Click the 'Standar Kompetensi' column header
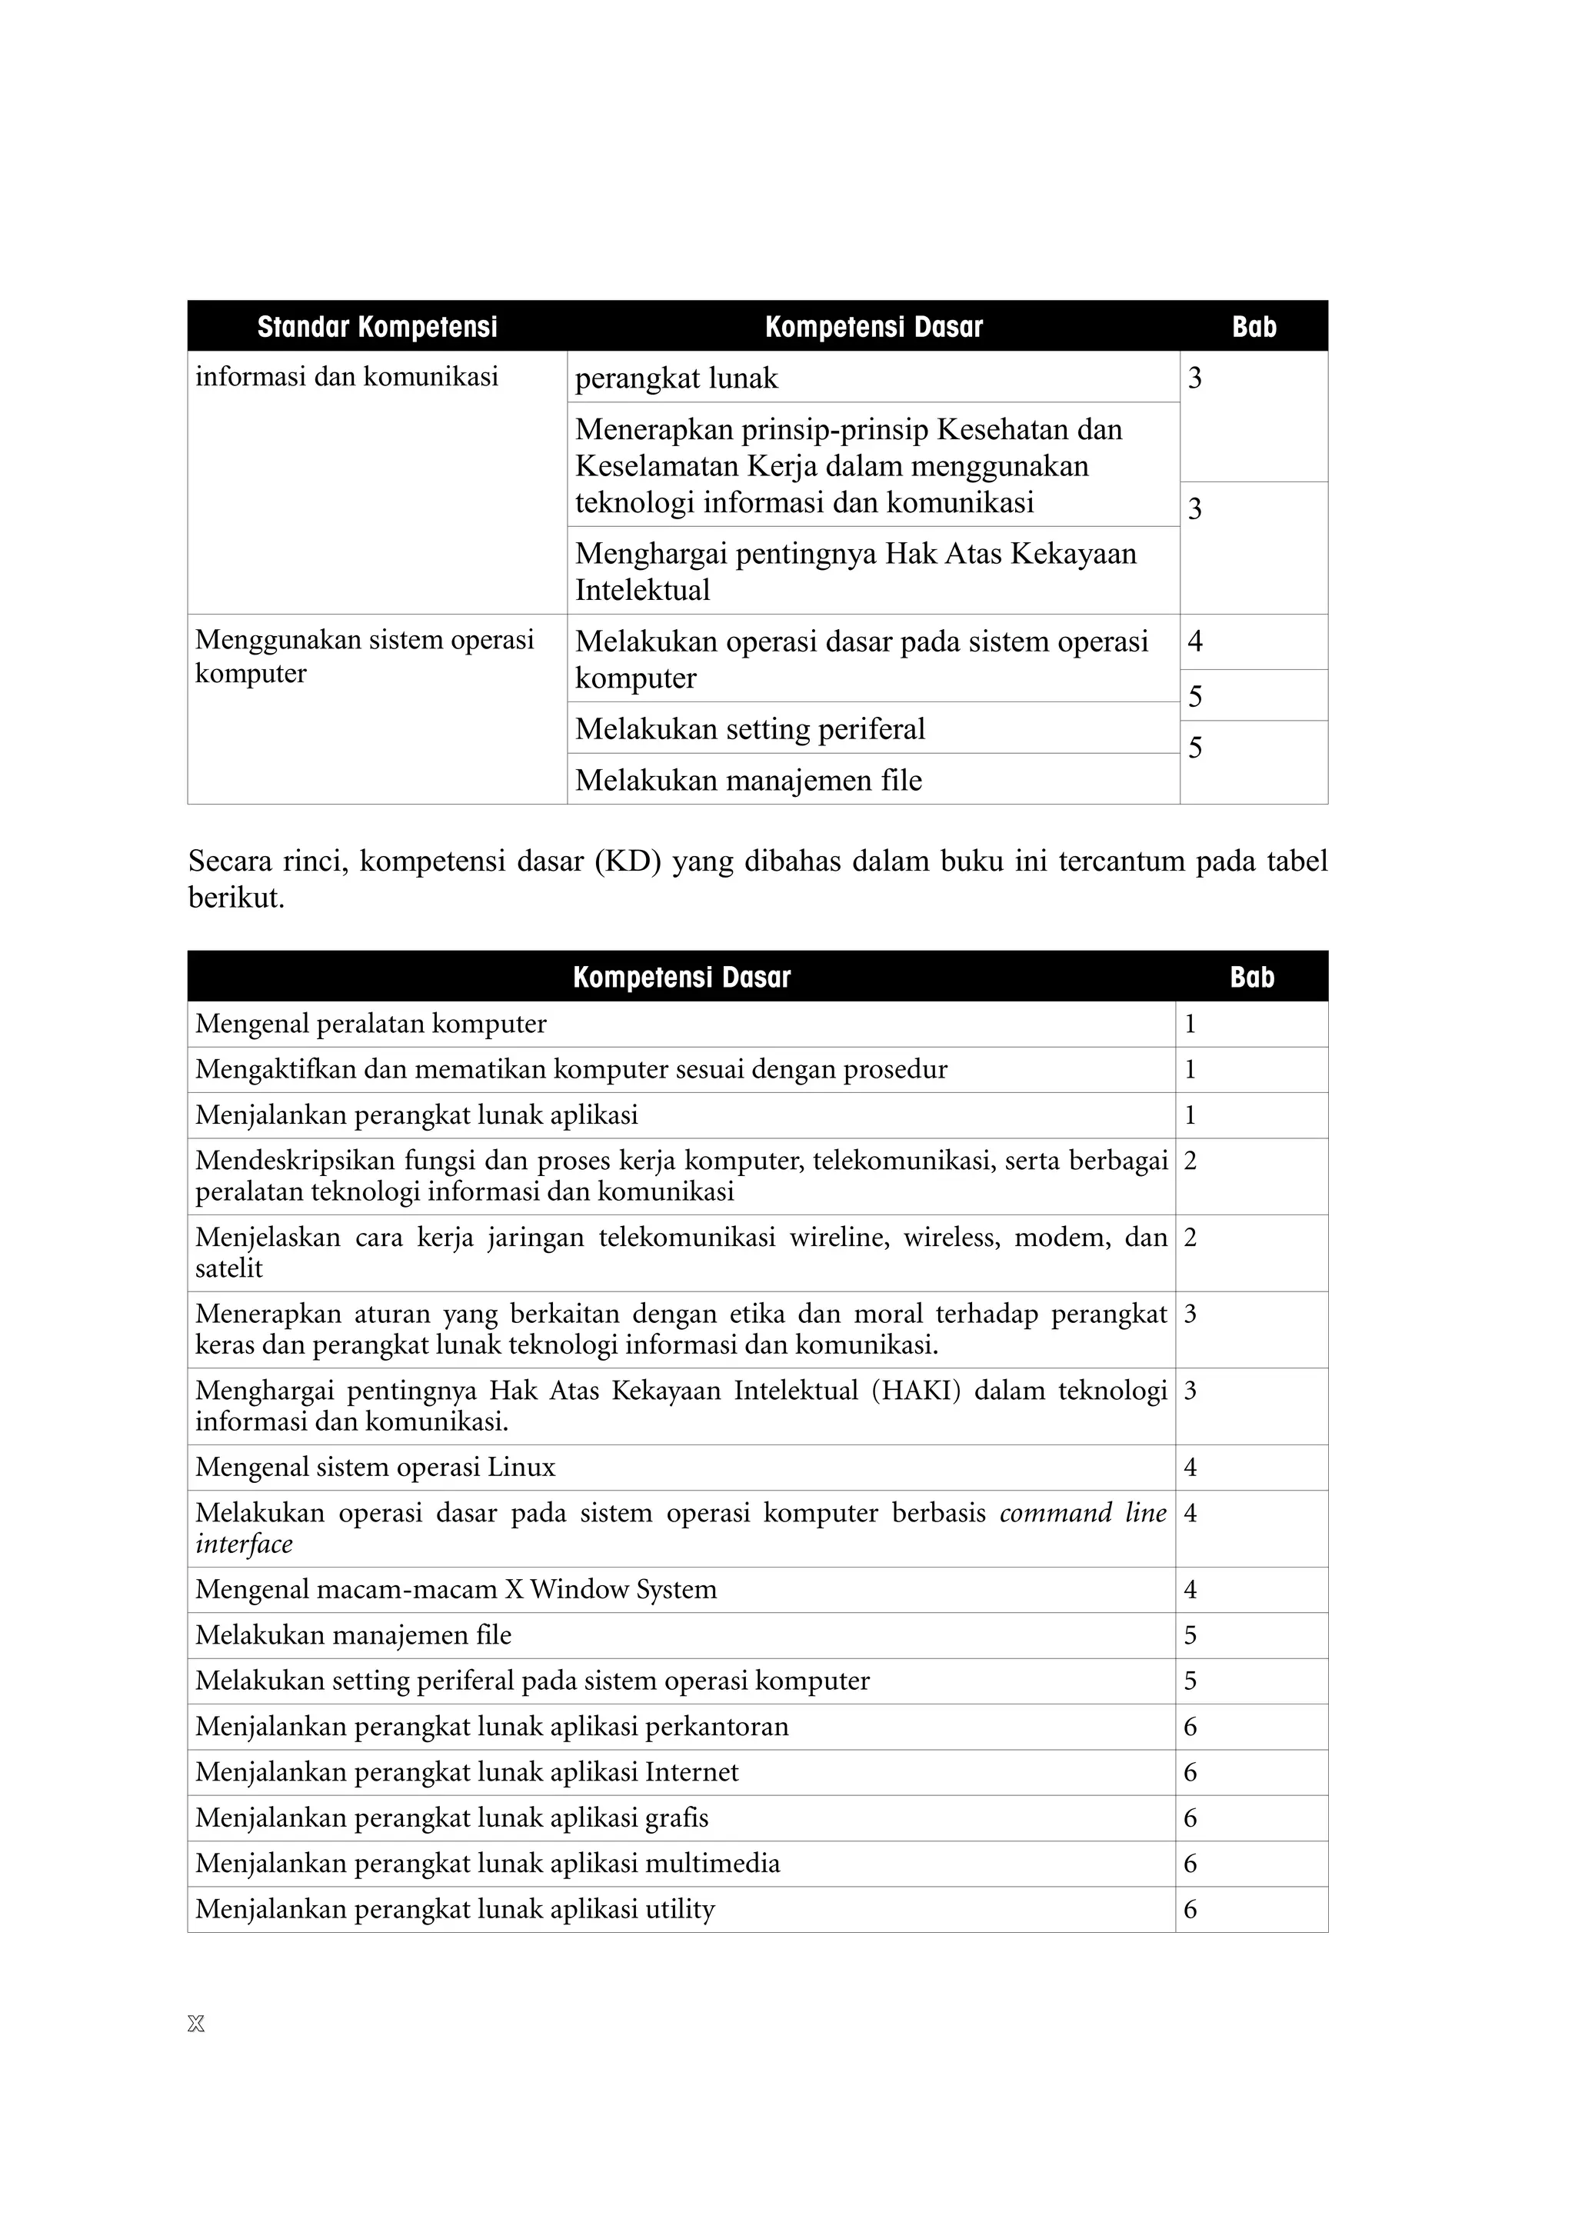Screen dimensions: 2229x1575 coord(377,326)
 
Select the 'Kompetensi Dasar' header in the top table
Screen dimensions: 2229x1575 coord(874,326)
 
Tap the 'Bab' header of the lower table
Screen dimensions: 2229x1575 coord(1251,977)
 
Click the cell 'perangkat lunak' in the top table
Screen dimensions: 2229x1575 coord(677,378)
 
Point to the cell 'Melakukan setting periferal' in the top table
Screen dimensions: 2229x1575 coord(750,728)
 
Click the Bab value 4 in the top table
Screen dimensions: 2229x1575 coord(1194,641)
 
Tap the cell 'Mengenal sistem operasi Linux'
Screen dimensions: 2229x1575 coord(375,1467)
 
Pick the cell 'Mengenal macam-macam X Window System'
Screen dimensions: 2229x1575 coord(456,1589)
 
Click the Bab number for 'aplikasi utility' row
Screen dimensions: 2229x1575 coord(1190,1910)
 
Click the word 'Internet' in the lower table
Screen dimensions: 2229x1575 coord(692,1772)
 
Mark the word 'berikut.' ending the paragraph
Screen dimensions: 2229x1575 coord(236,898)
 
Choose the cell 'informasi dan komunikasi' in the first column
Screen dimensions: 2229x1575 coord(346,377)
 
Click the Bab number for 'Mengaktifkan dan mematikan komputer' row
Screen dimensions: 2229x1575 coord(1190,1069)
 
